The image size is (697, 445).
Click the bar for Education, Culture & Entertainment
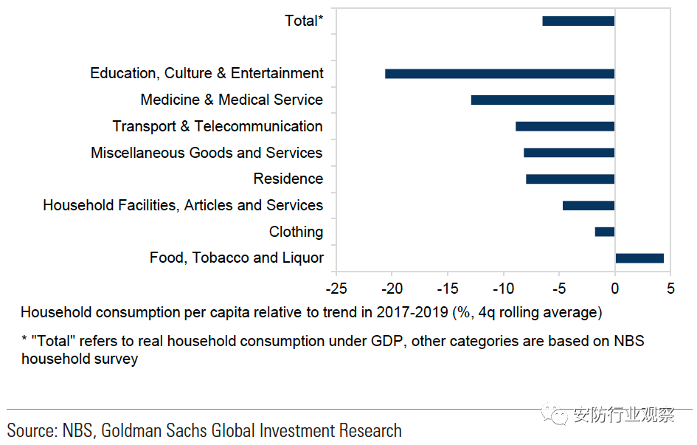click(x=499, y=74)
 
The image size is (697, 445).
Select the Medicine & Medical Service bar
click(x=542, y=100)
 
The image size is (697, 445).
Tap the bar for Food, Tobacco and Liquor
click(x=639, y=258)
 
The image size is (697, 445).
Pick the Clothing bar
click(x=605, y=232)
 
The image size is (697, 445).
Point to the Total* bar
click(x=578, y=21)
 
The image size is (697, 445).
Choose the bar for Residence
click(x=570, y=179)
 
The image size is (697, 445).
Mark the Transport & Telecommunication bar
click(x=565, y=126)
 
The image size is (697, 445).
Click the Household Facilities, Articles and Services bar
click(x=589, y=205)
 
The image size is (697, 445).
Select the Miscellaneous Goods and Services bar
click(x=569, y=153)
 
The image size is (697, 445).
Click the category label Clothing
click(x=296, y=232)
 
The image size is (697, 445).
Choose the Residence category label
click(x=288, y=179)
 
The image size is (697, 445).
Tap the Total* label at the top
click(x=304, y=21)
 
